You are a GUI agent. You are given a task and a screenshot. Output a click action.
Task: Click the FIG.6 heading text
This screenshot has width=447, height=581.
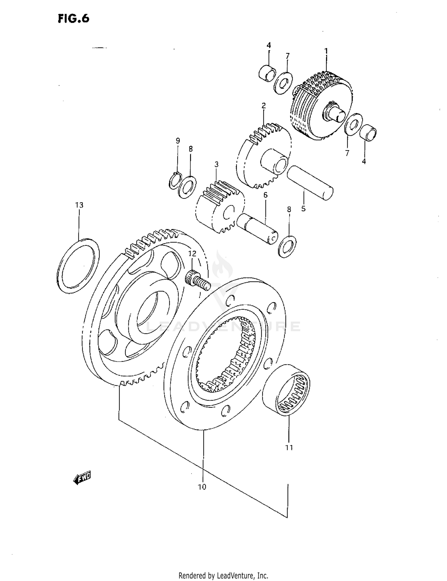(x=73, y=19)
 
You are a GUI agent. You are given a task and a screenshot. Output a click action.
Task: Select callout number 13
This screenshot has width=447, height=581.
(x=79, y=205)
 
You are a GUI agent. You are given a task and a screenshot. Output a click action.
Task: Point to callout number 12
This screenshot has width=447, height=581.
(x=192, y=254)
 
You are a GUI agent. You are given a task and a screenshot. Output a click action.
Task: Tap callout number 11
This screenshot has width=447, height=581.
(x=289, y=447)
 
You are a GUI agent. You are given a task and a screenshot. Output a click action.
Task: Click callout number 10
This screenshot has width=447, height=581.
(x=202, y=487)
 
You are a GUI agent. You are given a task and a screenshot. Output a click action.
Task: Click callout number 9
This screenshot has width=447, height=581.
(x=178, y=140)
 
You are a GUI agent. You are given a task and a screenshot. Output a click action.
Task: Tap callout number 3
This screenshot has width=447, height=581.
(x=217, y=164)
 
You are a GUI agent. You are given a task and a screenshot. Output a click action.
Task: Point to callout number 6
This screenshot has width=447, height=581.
(x=265, y=195)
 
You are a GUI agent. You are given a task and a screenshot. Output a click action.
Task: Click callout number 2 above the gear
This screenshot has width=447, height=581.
(x=263, y=106)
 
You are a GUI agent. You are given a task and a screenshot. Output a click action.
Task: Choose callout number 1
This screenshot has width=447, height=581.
(x=326, y=51)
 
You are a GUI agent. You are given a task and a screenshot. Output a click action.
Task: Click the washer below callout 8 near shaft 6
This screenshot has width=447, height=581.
(x=287, y=247)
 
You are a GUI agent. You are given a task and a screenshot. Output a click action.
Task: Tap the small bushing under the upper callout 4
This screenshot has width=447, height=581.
(x=267, y=73)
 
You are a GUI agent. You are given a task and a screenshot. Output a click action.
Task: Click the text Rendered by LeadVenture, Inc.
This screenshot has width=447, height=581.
(x=223, y=575)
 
